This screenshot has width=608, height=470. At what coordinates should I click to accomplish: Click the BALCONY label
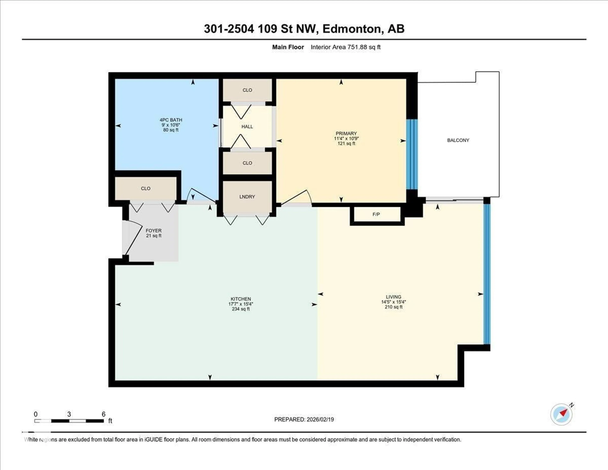tap(458, 140)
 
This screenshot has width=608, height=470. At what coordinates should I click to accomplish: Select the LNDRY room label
tap(247, 197)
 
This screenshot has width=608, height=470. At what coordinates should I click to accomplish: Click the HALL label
tap(247, 126)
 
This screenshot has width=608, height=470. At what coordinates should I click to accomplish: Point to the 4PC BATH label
tap(171, 120)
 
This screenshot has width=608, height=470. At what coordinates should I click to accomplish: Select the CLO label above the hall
tap(247, 90)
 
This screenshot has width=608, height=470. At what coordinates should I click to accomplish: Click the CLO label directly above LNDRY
tap(247, 163)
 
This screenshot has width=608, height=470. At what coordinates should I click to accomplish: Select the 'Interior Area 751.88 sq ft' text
tap(345, 47)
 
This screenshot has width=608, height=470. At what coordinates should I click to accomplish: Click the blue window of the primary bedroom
tap(412, 155)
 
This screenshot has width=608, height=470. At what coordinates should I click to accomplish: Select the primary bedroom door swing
tap(297, 198)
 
